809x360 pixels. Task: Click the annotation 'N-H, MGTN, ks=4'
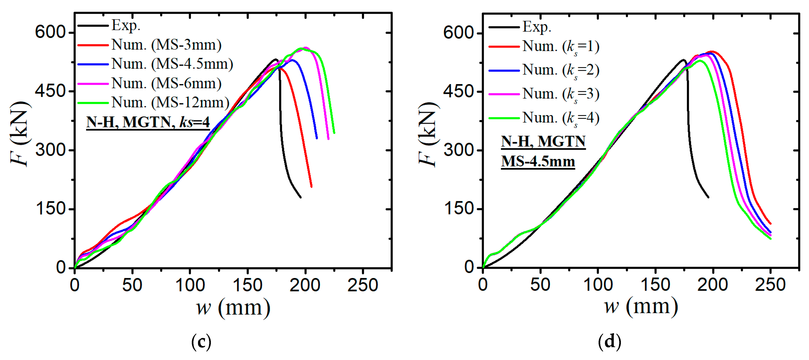pos(148,122)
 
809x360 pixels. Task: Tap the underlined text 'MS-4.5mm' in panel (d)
pos(538,162)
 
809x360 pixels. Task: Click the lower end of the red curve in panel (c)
pos(311,186)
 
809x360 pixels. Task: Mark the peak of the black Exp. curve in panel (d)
pos(683,60)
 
